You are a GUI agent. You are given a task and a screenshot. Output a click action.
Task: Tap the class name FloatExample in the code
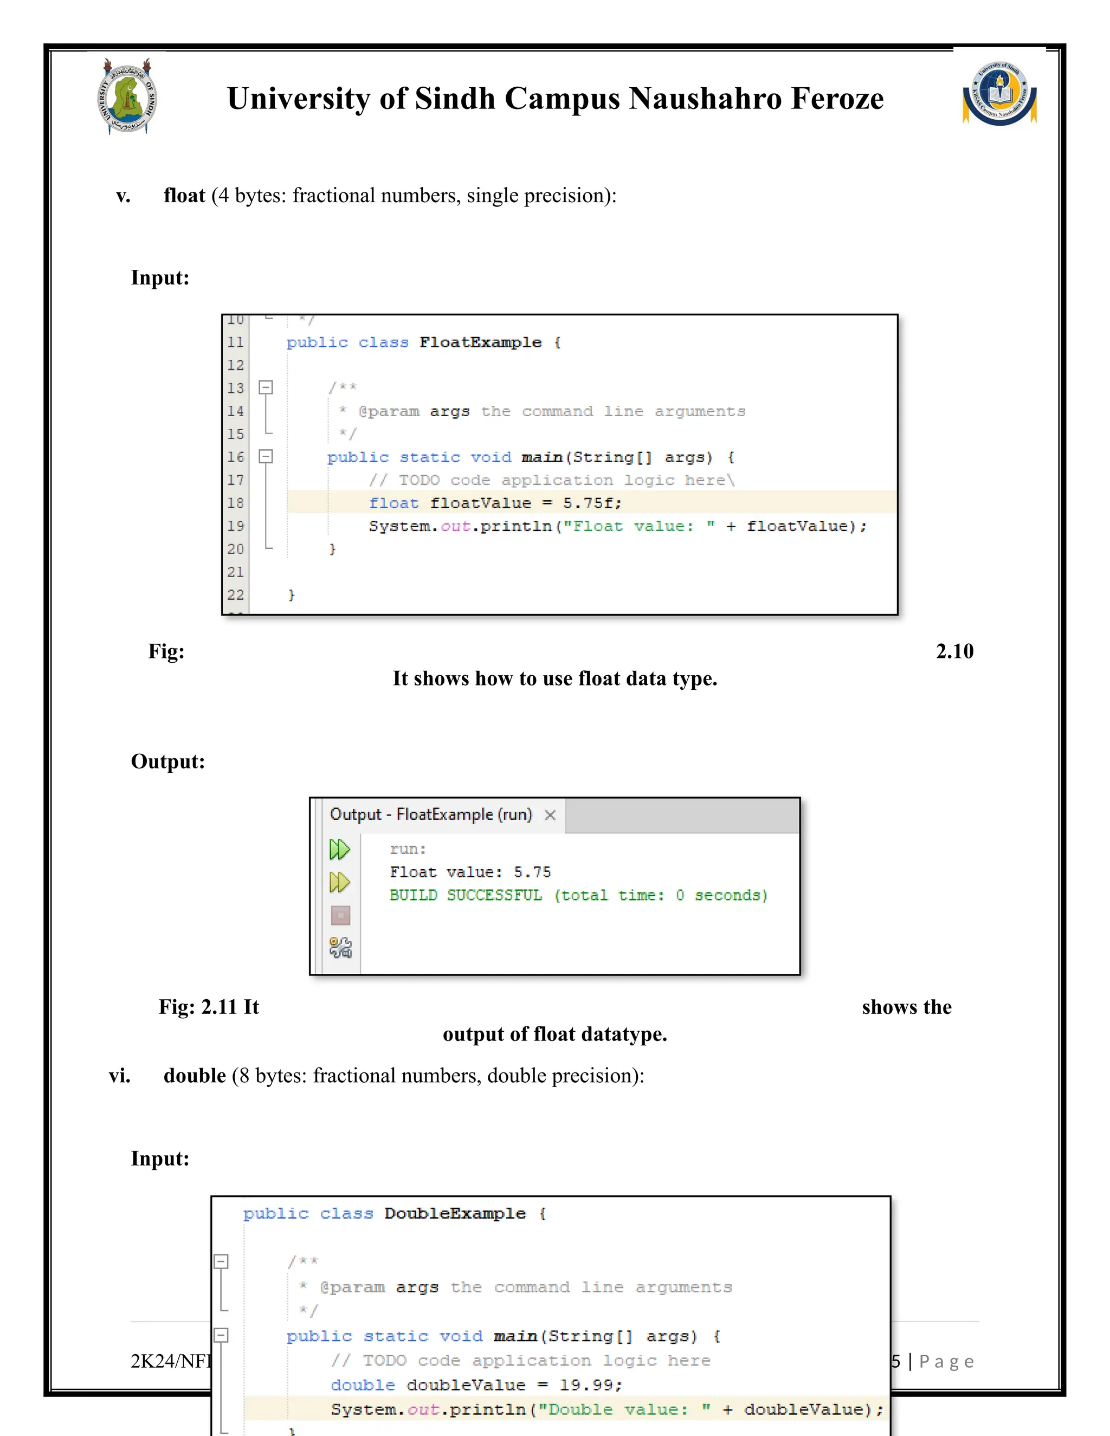tap(480, 342)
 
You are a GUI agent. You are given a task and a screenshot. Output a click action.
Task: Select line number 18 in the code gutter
tap(235, 503)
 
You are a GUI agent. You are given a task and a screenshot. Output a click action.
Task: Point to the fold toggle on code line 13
tap(266, 387)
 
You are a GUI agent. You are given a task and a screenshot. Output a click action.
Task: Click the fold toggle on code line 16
tap(266, 456)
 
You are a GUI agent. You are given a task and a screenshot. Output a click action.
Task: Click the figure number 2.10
tap(954, 651)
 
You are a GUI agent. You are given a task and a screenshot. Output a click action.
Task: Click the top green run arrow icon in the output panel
tap(339, 850)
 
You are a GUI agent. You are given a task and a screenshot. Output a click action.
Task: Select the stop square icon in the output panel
tap(340, 915)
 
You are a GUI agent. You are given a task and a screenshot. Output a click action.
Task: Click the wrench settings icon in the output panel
tap(340, 947)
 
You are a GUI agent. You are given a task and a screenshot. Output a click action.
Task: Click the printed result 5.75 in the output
tap(532, 872)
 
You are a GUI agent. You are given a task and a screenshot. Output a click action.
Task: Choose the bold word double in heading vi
tap(195, 1076)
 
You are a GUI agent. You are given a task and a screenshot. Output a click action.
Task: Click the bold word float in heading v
tap(184, 195)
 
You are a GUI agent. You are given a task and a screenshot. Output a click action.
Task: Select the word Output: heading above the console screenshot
tap(167, 761)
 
